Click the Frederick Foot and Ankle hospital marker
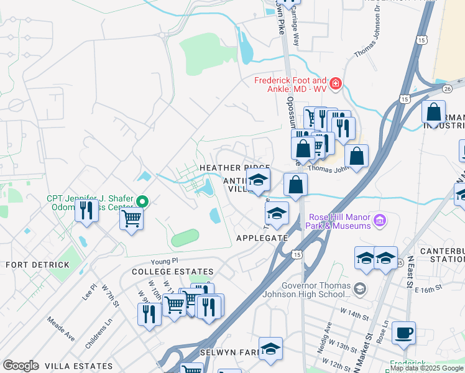click(x=336, y=83)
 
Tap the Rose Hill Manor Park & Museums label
click(x=339, y=221)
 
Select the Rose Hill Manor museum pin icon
click(x=379, y=220)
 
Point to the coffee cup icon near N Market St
click(x=404, y=333)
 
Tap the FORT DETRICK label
click(x=32, y=265)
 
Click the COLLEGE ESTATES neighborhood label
click(x=173, y=272)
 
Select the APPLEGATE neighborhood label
click(x=262, y=238)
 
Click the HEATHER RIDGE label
click(x=234, y=168)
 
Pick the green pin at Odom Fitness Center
click(x=142, y=201)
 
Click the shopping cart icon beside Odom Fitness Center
click(x=132, y=219)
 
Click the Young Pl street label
click(x=165, y=261)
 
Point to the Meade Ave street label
click(x=61, y=329)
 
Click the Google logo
click(x=21, y=366)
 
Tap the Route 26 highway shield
click(x=447, y=88)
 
